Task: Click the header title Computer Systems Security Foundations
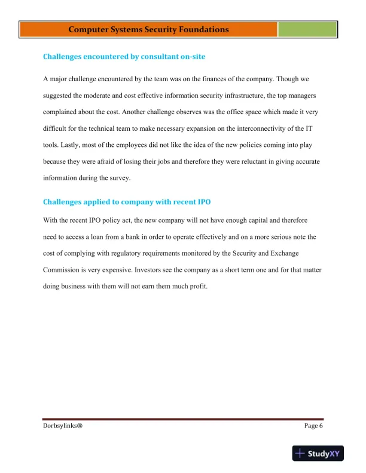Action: click(x=148, y=29)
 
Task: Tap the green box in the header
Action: click(x=307, y=29)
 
